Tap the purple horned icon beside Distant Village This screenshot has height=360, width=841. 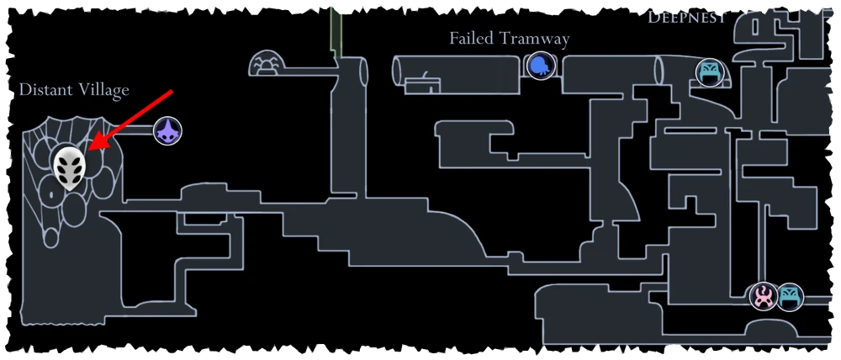tap(168, 131)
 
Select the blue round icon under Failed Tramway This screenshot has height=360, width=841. tap(539, 65)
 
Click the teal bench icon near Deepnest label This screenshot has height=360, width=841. tap(709, 71)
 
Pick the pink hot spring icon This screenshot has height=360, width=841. tap(764, 296)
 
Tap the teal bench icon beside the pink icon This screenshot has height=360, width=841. tap(789, 296)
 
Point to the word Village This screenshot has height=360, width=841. tap(103, 90)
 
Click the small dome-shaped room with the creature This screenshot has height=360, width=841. tap(267, 65)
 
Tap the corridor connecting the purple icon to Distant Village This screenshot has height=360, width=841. tap(139, 131)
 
